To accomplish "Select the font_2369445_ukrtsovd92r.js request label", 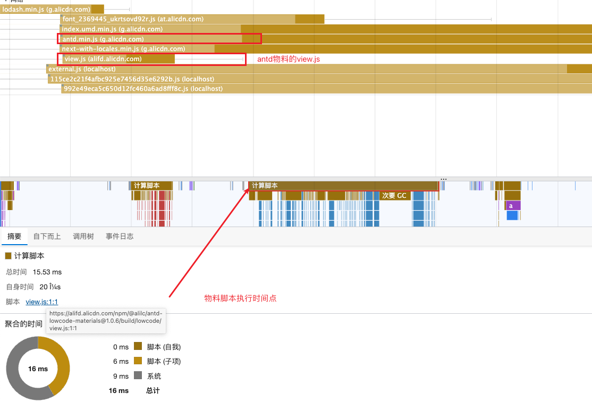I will pos(133,19).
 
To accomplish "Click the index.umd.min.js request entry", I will pos(112,29).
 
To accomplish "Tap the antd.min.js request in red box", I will pos(103,39).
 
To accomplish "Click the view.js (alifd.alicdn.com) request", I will pos(103,59).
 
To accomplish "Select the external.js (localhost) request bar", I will pos(82,69).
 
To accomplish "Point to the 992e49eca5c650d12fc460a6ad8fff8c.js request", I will pos(143,89).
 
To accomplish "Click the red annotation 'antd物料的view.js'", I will pos(289,59).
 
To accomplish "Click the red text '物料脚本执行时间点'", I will pos(241,298).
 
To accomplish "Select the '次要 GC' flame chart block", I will pos(394,196).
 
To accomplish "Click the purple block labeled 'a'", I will pos(511,206).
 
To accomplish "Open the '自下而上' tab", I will pos(47,237).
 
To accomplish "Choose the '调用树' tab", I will pos(83,237).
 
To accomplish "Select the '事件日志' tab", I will pos(120,237).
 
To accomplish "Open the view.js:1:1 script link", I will pos(42,302).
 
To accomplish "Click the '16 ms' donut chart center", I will pos(38,369).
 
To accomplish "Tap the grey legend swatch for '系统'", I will pos(138,376).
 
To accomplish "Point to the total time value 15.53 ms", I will pos(47,272).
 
